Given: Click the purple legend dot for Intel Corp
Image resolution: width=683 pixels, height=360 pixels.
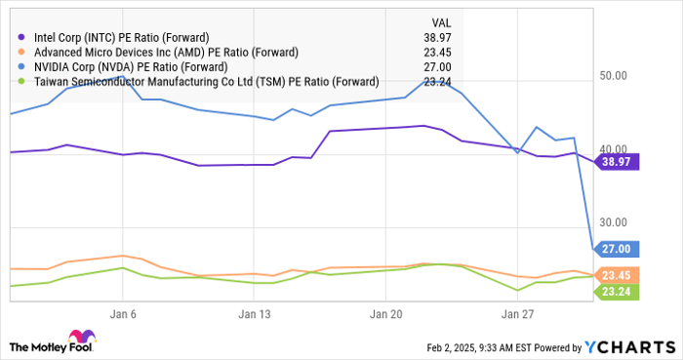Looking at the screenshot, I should (21, 37).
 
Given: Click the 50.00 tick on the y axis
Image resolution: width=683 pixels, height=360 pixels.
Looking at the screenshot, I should (614, 75).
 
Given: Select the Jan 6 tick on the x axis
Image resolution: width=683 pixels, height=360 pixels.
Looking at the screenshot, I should (123, 314).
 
